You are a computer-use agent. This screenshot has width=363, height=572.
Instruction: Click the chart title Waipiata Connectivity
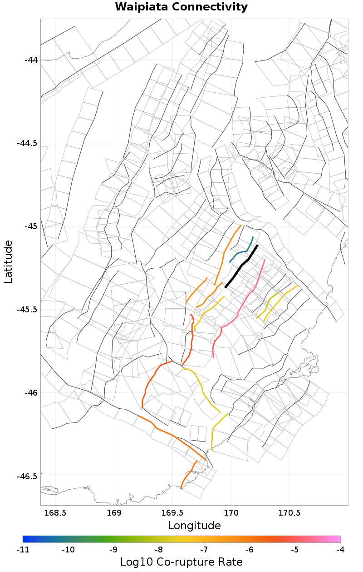(181, 7)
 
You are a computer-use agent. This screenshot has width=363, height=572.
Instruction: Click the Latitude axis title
(9, 262)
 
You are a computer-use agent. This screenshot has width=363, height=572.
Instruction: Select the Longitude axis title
(194, 526)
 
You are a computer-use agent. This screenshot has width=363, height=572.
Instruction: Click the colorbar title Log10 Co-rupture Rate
(181, 562)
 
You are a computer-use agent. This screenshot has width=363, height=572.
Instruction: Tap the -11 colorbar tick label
(23, 550)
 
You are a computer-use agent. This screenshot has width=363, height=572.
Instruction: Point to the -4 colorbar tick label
(340, 550)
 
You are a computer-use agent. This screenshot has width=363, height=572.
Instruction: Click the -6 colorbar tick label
(250, 550)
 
